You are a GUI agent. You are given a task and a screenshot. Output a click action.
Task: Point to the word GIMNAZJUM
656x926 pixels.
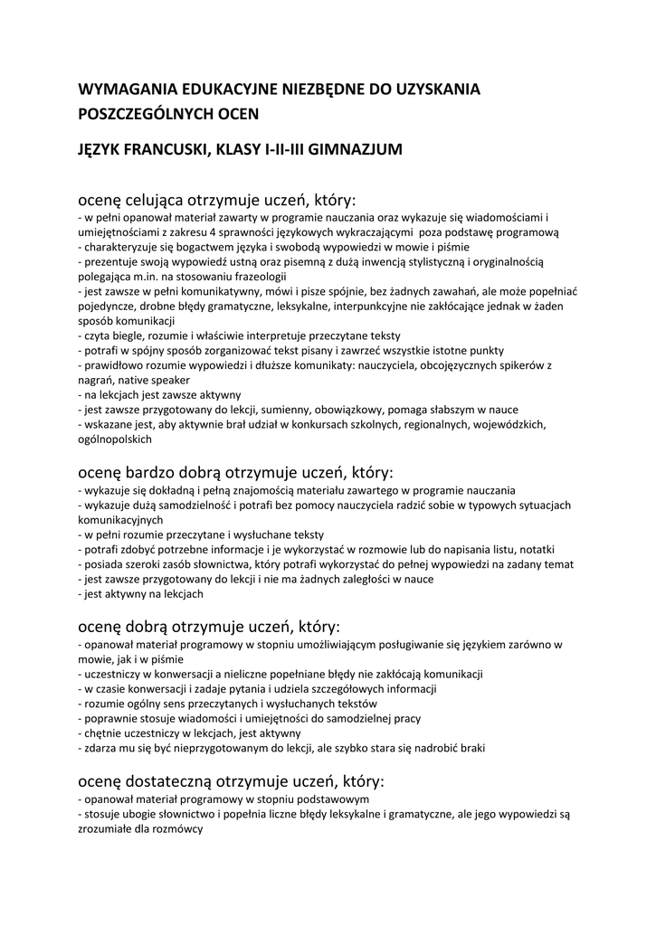point(355,148)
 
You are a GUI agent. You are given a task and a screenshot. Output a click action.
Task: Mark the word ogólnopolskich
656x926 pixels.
point(115,439)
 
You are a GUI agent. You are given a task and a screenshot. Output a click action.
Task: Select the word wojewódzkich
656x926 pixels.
point(528,424)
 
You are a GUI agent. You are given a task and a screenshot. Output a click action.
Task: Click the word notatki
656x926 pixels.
point(536,549)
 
